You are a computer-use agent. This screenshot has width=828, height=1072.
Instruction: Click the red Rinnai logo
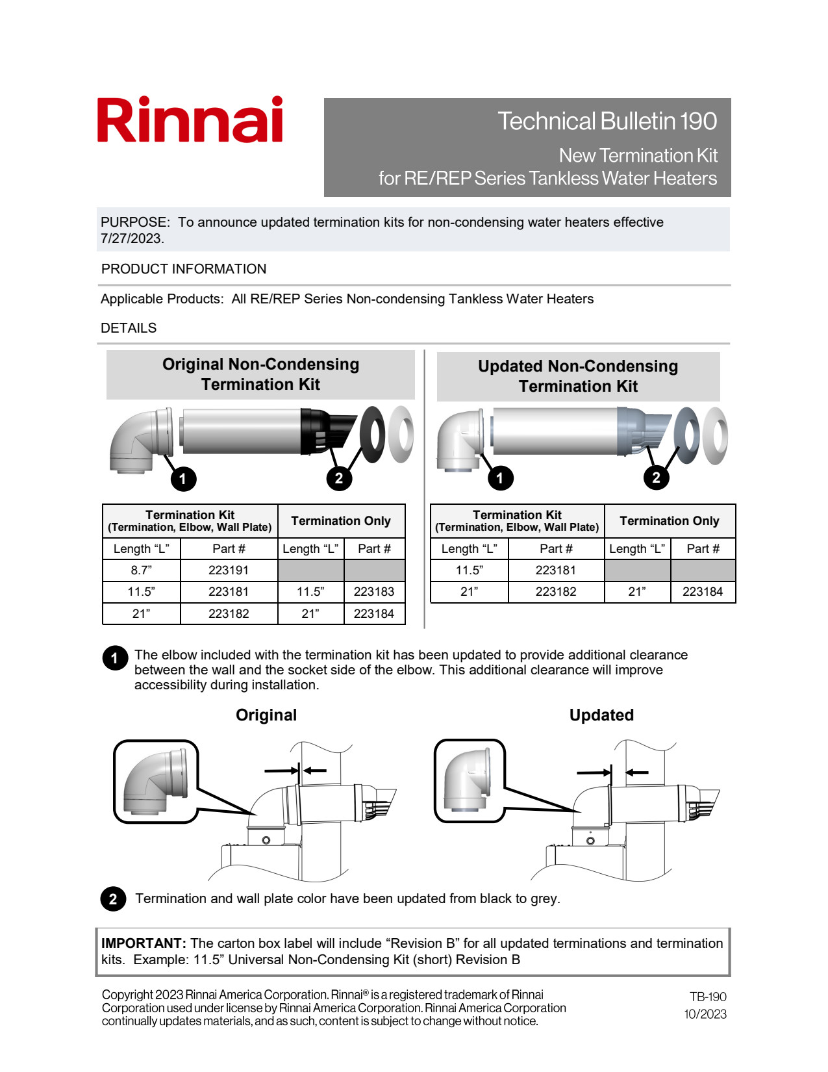pyautogui.click(x=190, y=120)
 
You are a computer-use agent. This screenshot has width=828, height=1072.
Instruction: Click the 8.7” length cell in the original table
pyautogui.click(x=141, y=570)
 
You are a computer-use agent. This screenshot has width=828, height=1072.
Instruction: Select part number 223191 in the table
pyautogui.click(x=229, y=570)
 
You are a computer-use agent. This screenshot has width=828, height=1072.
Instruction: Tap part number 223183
pyautogui.click(x=374, y=592)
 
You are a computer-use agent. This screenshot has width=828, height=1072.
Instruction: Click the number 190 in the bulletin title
pyautogui.click(x=698, y=121)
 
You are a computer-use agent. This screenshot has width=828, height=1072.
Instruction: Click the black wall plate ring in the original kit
pyautogui.click(x=372, y=434)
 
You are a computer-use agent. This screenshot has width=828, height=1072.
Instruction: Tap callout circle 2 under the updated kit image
pyautogui.click(x=656, y=478)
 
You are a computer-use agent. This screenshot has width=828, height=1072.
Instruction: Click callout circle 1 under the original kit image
pyautogui.click(x=183, y=479)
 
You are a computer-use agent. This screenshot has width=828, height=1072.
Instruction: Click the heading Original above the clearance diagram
pyautogui.click(x=266, y=715)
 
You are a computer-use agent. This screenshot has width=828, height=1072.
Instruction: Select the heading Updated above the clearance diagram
pyautogui.click(x=601, y=715)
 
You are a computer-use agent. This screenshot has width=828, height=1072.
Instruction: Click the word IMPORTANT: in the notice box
pyautogui.click(x=144, y=943)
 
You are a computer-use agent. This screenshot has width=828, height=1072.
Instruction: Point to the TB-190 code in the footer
pyautogui.click(x=708, y=997)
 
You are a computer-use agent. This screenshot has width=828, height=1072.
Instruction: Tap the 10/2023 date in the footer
pyautogui.click(x=705, y=1014)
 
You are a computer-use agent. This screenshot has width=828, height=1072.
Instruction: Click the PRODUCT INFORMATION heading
pyautogui.click(x=184, y=269)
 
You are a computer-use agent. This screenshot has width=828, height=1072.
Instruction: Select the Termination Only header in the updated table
pyautogui.click(x=670, y=521)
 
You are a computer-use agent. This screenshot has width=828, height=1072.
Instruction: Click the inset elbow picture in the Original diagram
pyautogui.click(x=156, y=781)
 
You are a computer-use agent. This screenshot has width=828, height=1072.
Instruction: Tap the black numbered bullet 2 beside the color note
pyautogui.click(x=113, y=899)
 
